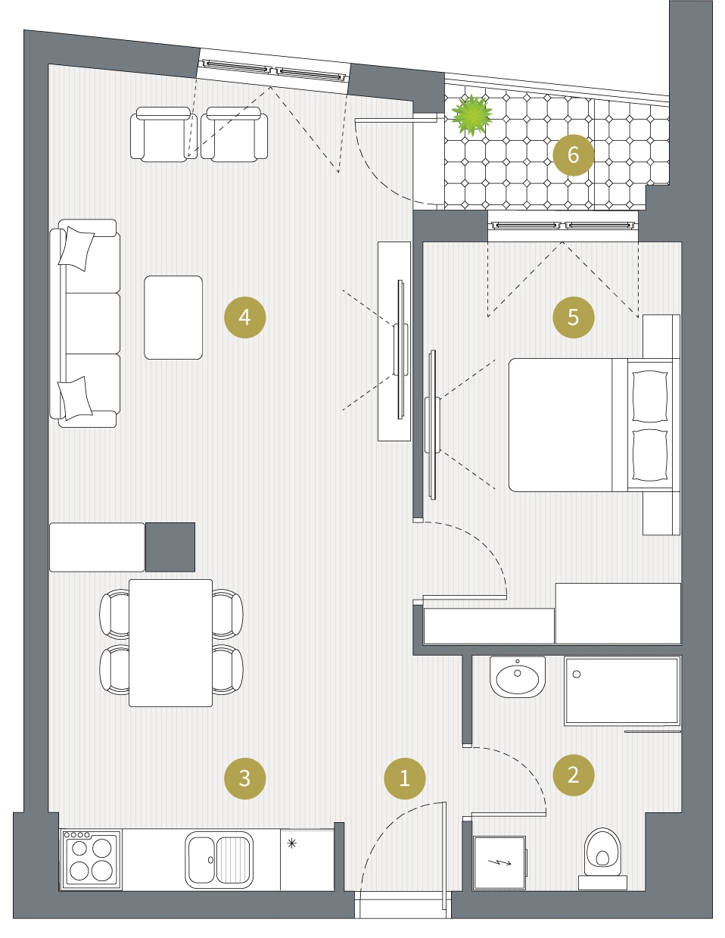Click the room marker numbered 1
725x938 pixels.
404,778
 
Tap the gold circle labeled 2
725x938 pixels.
573,774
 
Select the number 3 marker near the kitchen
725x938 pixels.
244,778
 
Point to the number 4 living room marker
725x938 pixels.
244,317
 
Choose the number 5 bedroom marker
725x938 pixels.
573,317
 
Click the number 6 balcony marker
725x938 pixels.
573,155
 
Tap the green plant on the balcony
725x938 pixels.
471,114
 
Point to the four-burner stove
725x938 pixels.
91,859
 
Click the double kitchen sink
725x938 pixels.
219,859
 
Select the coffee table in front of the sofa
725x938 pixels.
173,317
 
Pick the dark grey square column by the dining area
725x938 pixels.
170,547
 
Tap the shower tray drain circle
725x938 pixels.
576,674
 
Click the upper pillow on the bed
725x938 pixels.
649,395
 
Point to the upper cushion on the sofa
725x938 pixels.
76,248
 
